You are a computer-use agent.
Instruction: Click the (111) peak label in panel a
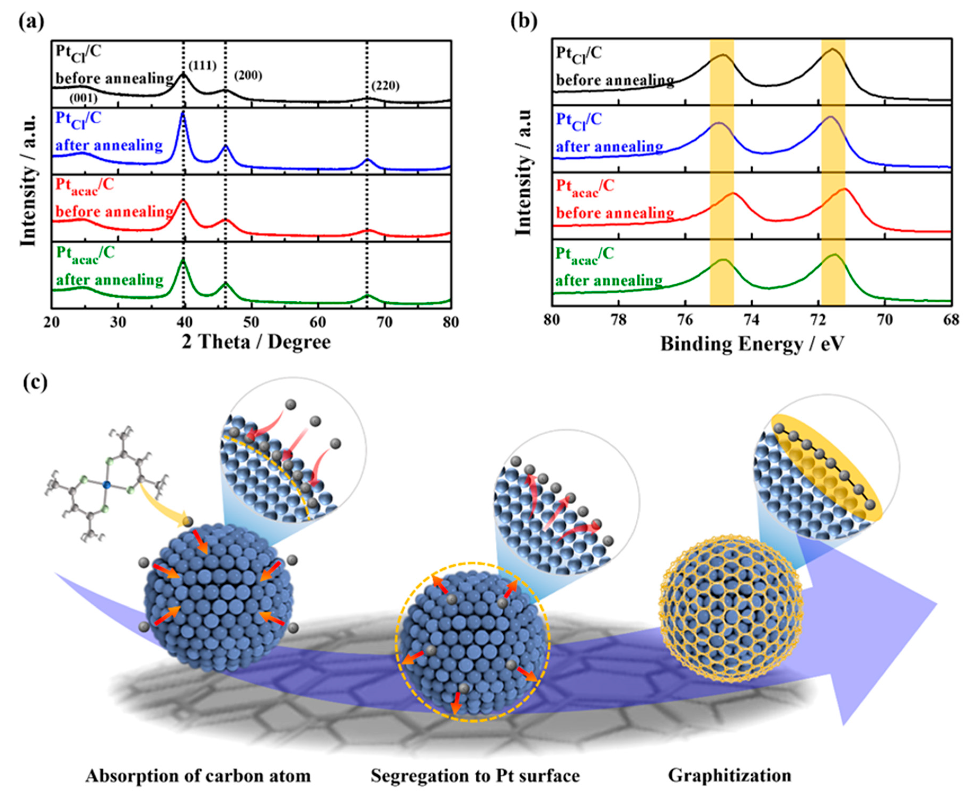tap(202, 66)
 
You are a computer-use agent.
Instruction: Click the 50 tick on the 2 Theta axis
tap(251, 322)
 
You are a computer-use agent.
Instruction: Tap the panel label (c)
tap(35, 383)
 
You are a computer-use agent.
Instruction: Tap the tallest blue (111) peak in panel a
tap(183, 114)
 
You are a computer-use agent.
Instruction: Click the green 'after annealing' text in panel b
tap(609, 280)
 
